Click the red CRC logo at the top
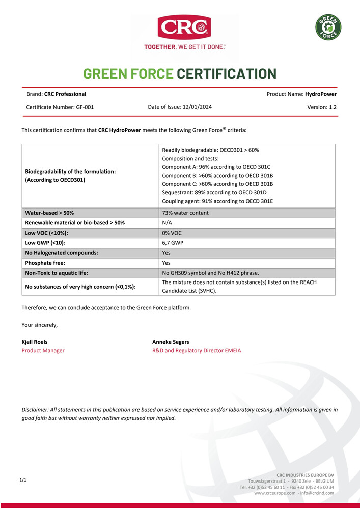click(x=184, y=27)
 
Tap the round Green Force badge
click(x=328, y=27)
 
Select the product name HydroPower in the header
click(x=321, y=94)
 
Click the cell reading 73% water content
click(x=185, y=213)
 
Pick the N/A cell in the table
click(x=167, y=223)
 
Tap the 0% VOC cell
click(x=172, y=233)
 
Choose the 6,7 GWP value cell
click(x=172, y=243)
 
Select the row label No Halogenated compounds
click(x=62, y=252)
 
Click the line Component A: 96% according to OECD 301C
click(x=216, y=167)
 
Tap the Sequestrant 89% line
click(x=214, y=192)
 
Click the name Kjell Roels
click(x=35, y=342)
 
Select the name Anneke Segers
click(x=171, y=342)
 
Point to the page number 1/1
click(x=23, y=480)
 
